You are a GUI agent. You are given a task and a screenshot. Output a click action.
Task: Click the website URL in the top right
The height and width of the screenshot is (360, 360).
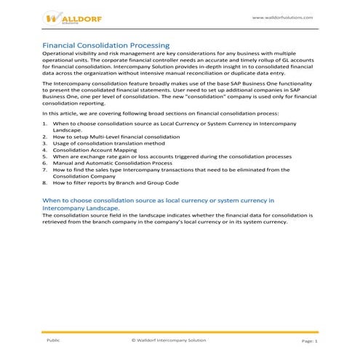click(282, 17)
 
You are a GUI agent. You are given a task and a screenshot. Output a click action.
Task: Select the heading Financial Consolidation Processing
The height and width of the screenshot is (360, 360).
click(106, 46)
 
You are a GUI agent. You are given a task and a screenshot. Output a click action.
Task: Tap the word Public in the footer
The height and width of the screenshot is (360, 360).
click(53, 340)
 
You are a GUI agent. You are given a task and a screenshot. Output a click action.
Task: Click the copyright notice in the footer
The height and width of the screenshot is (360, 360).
click(169, 340)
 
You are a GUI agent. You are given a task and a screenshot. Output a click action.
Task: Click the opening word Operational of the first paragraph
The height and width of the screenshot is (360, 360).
click(60, 55)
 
